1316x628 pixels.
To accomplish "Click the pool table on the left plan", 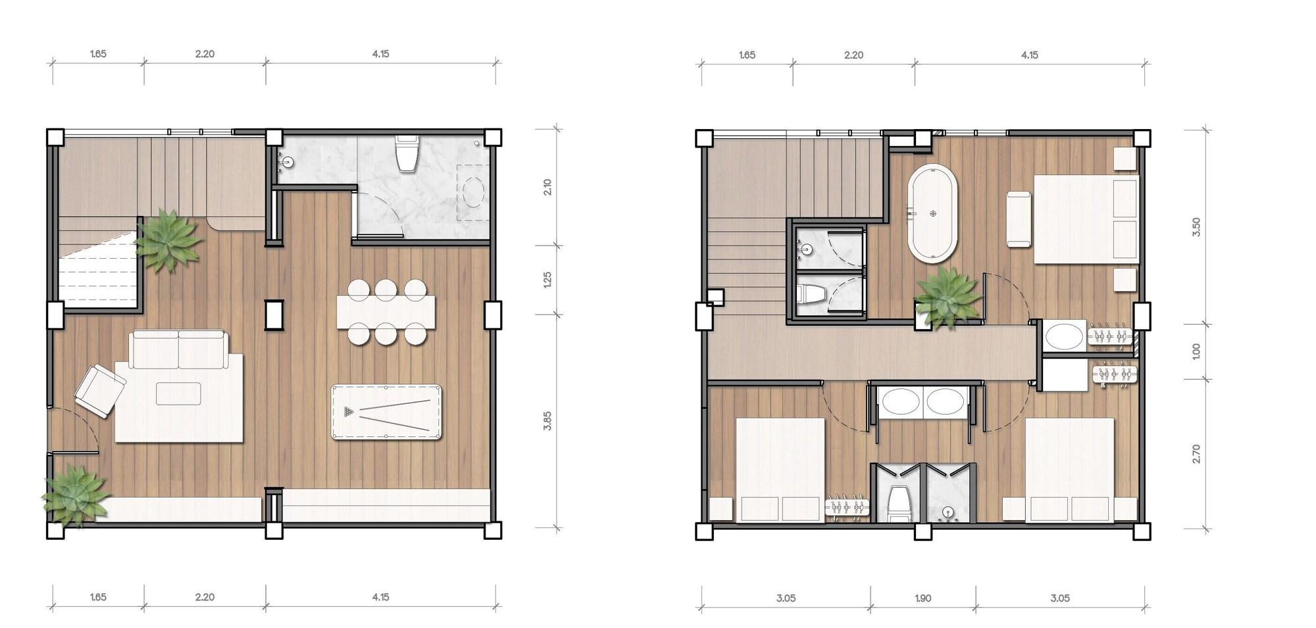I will tap(386, 413).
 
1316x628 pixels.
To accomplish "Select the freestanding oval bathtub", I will tap(933, 215).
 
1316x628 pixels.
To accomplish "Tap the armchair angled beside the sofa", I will tap(99, 390).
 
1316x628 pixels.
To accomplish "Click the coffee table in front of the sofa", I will tap(178, 394).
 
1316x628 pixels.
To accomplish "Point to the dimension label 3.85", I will tap(547, 421).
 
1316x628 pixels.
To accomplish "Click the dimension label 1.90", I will tap(923, 598).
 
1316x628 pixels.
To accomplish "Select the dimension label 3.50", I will tap(1196, 227).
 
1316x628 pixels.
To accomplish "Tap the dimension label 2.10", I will tap(547, 187).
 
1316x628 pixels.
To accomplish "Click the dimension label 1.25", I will tap(547, 280).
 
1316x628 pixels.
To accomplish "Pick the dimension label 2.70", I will tap(1196, 454).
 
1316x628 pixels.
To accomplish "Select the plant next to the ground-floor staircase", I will tap(167, 240).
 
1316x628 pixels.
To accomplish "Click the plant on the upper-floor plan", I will tap(948, 298).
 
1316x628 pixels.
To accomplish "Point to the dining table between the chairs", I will tap(386, 312).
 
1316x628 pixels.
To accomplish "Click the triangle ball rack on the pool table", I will tap(348, 413).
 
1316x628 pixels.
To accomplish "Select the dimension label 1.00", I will tap(1196, 351).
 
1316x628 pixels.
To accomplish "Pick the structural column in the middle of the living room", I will tap(274, 315).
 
